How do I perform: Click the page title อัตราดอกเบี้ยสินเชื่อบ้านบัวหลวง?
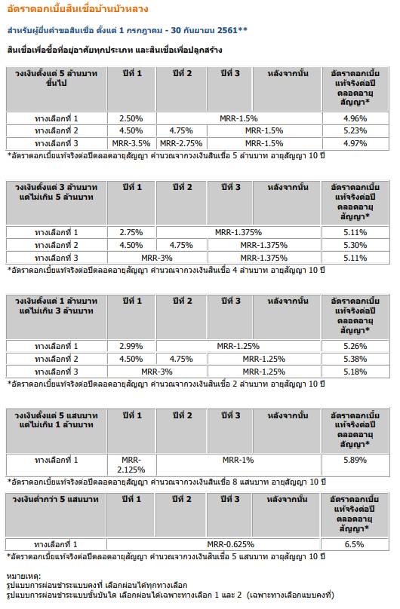pos(77,8)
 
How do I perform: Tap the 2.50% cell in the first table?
pos(131,118)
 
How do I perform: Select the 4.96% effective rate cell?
pos(355,118)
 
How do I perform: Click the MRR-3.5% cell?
pos(131,143)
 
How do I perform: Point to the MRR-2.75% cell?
pos(181,143)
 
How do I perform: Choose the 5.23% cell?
pos(355,131)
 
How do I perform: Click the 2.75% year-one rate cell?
pos(131,233)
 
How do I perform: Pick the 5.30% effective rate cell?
pos(355,245)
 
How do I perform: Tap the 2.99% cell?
pos(131,346)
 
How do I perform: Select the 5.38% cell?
pos(355,359)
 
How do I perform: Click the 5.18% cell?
pos(355,372)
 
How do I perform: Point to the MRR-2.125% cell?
pos(131,465)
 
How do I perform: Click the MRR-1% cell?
pos(238,461)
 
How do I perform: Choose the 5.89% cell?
pos(355,461)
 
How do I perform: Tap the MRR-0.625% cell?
pos(230,544)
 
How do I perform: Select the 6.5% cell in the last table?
pos(354,544)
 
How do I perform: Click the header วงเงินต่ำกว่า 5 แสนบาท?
pos(56,500)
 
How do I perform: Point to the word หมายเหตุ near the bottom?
pos(23,577)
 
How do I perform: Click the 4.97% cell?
pos(355,143)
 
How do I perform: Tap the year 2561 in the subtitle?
pos(227,30)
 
